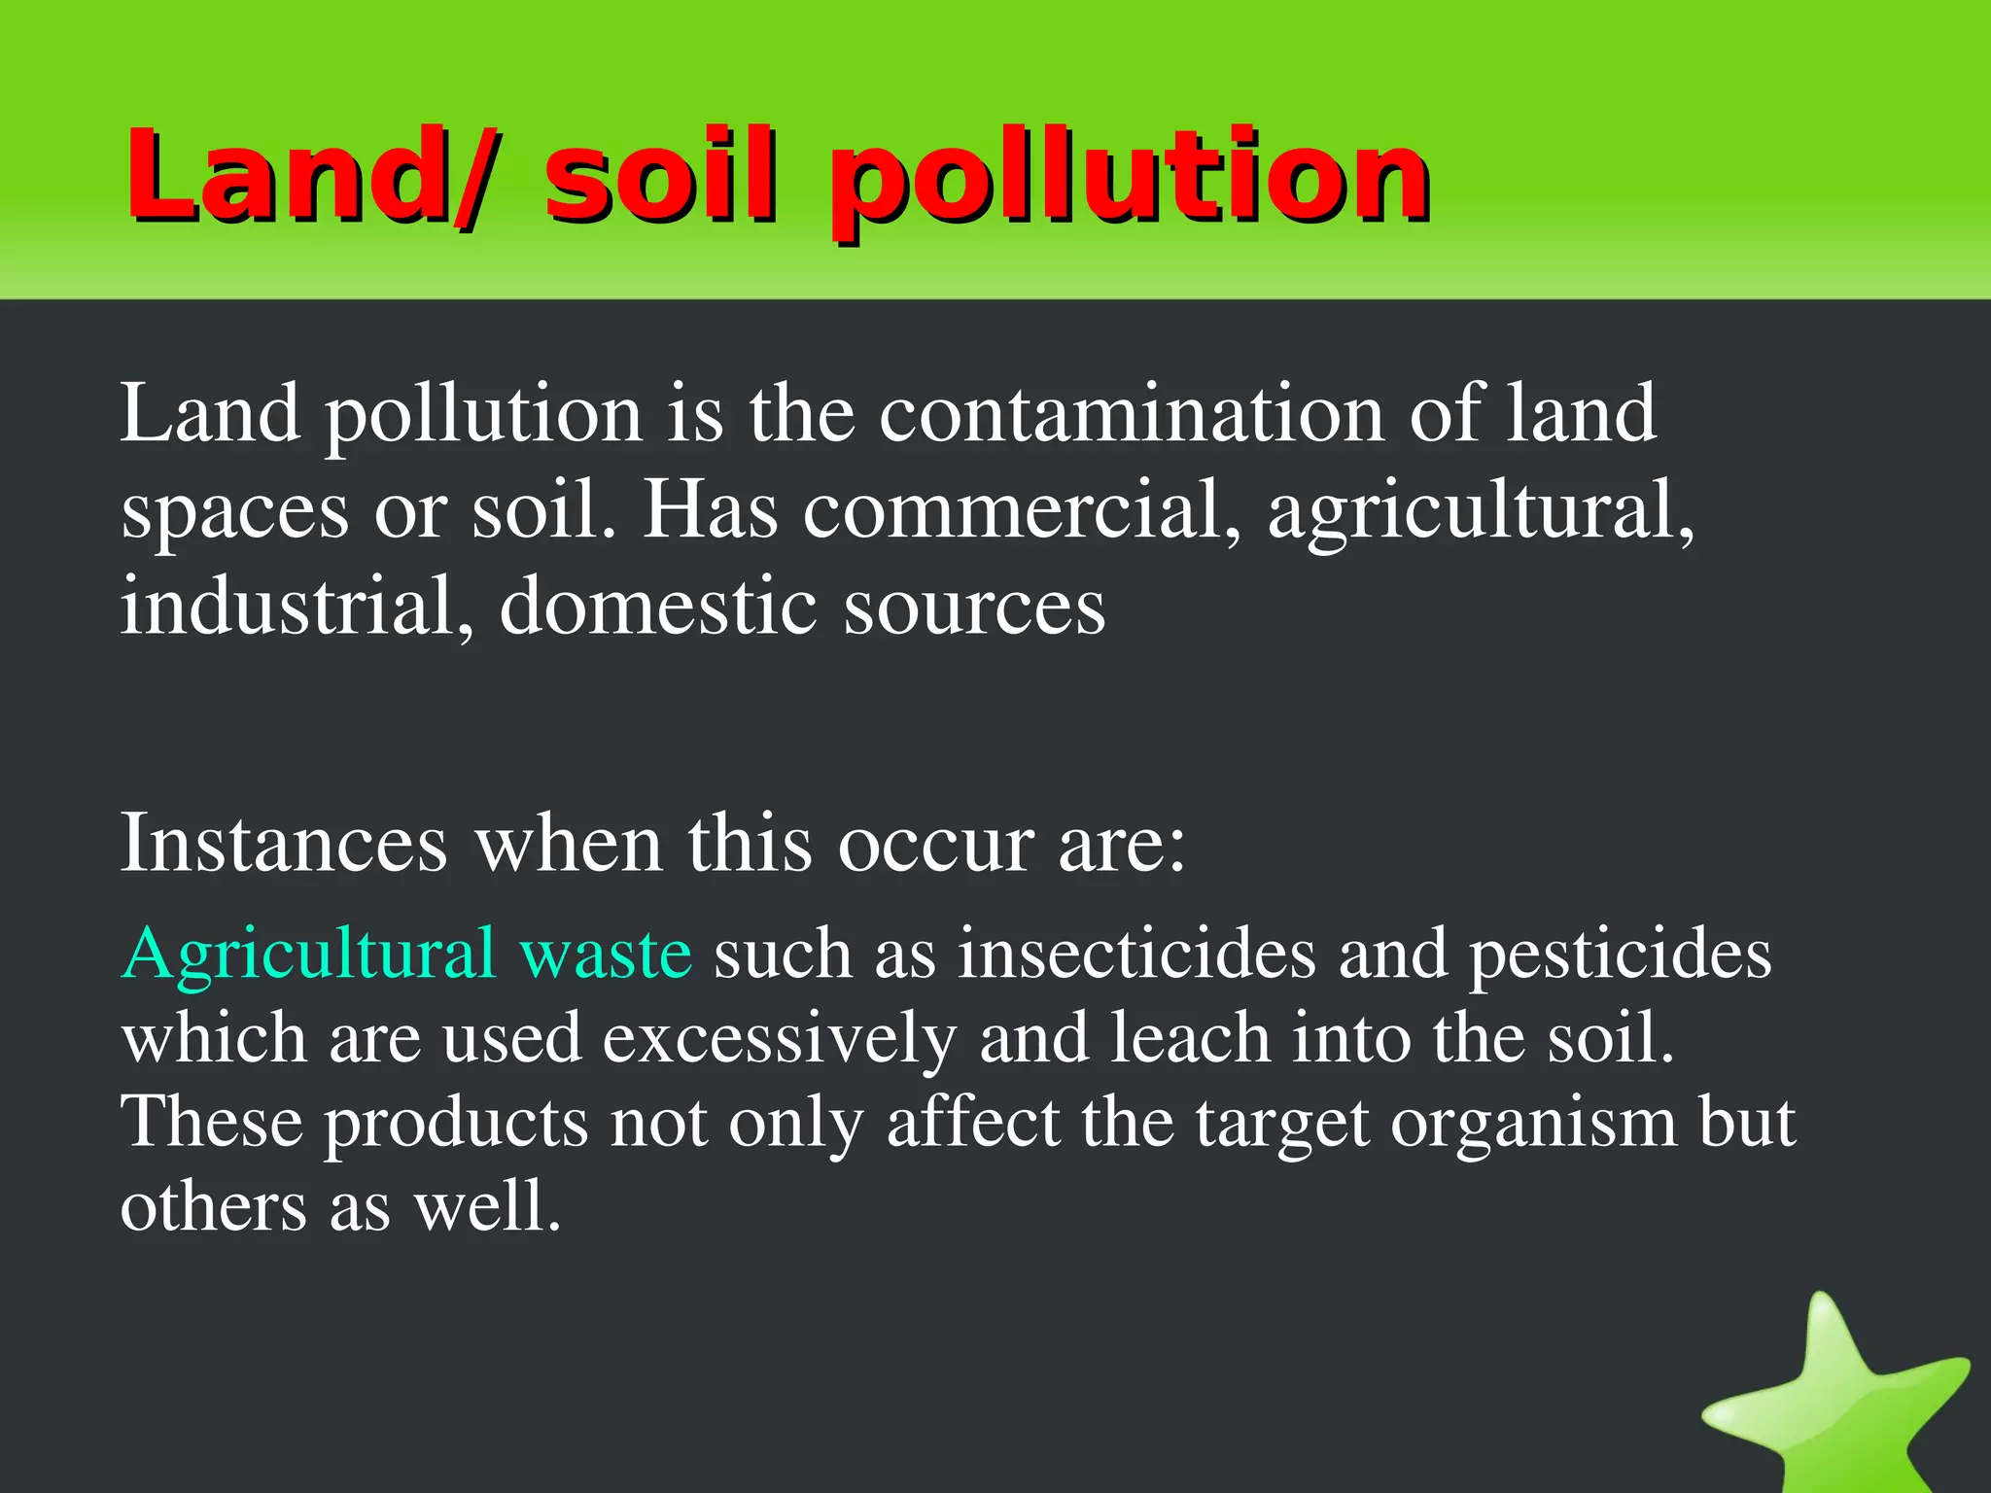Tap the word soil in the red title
[661, 175]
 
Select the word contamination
[1132, 413]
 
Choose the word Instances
[284, 843]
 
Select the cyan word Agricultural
[309, 955]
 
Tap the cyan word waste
[606, 955]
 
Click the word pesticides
[1620, 955]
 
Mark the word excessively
[779, 1039]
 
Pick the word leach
[1190, 1037]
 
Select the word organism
[1533, 1124]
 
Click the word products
[456, 1124]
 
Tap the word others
[213, 1206]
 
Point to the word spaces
[234, 512]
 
